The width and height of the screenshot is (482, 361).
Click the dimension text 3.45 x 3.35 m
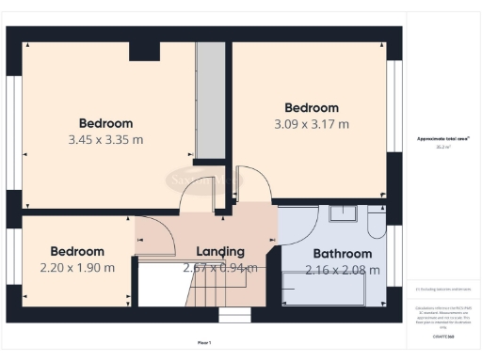pyautogui.click(x=105, y=140)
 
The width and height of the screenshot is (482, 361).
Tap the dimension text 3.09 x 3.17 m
pyautogui.click(x=311, y=124)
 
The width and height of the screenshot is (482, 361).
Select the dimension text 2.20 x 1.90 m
pyautogui.click(x=76, y=268)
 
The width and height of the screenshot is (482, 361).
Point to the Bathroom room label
pyautogui.click(x=342, y=254)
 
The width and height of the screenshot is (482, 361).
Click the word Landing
pyautogui.click(x=219, y=251)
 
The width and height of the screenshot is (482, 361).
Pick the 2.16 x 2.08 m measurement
pyautogui.click(x=342, y=270)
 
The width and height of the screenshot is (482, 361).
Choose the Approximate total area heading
pyautogui.click(x=443, y=139)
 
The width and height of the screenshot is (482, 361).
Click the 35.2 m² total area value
pyautogui.click(x=443, y=148)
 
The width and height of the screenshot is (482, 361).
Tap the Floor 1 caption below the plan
pyautogui.click(x=204, y=342)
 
